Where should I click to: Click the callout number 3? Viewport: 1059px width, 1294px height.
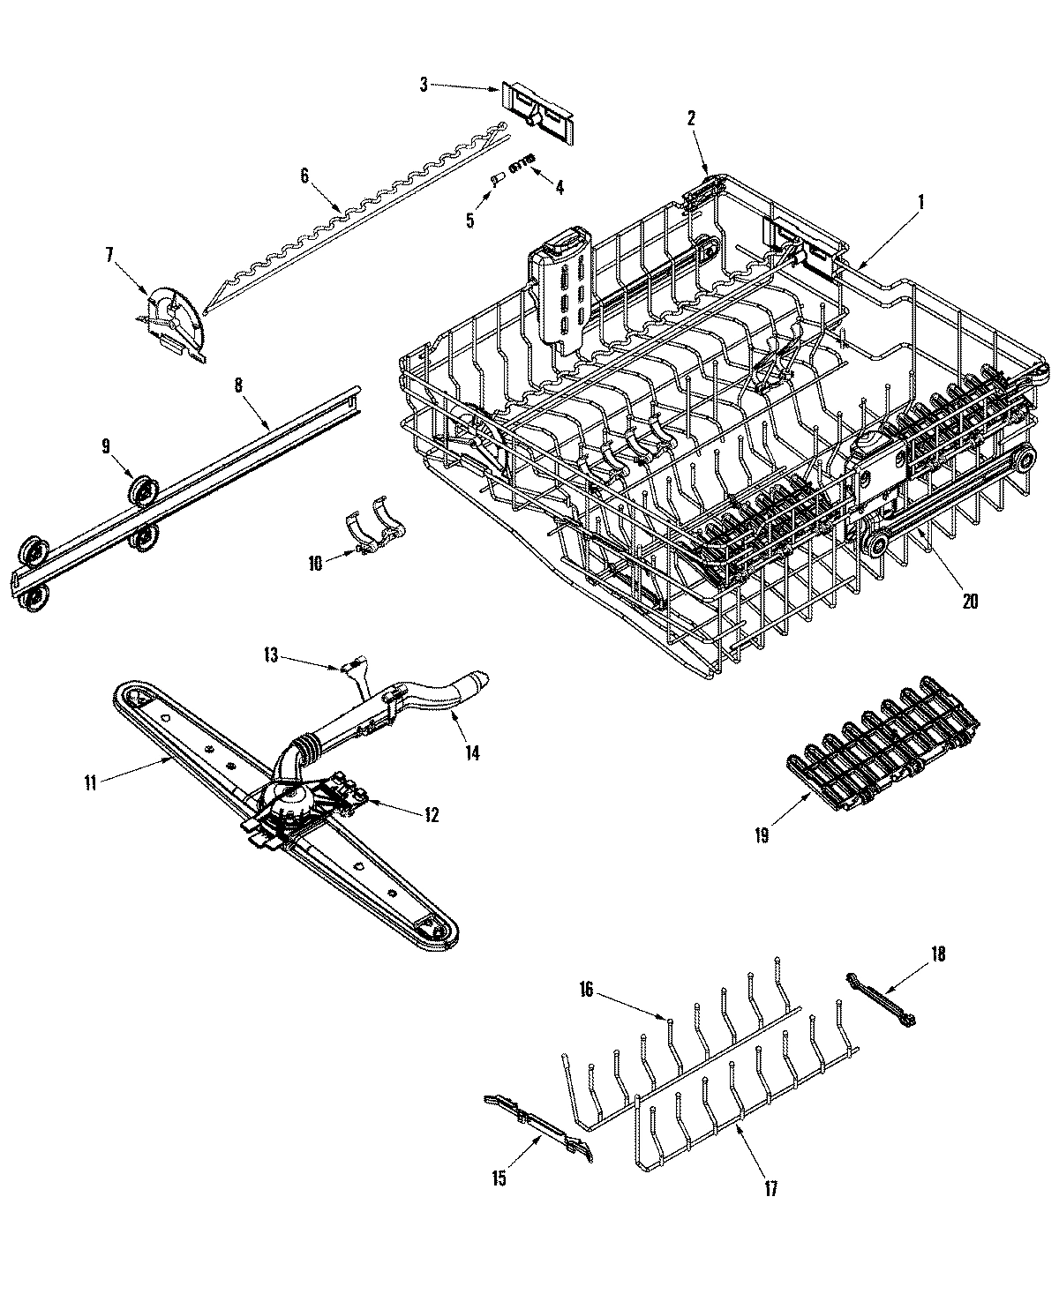click(x=424, y=84)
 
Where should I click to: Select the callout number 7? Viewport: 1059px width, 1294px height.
click(x=109, y=255)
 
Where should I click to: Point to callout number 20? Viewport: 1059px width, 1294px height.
click(x=970, y=601)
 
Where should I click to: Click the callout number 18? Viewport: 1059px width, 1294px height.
click(x=937, y=953)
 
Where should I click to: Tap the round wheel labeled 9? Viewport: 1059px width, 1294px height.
click(x=140, y=490)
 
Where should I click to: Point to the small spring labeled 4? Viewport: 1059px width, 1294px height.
click(x=523, y=160)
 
